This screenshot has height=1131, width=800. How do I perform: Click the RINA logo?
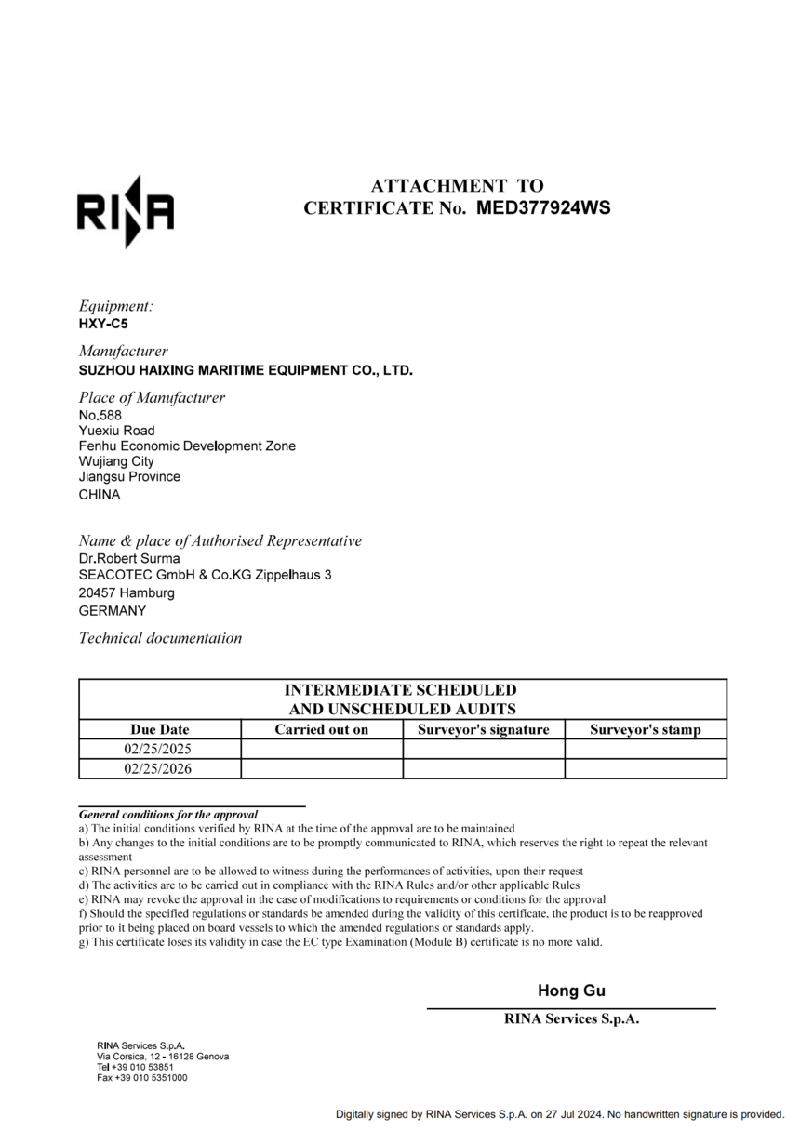pyautogui.click(x=125, y=211)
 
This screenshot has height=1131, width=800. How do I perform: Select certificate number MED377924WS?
pyautogui.click(x=543, y=207)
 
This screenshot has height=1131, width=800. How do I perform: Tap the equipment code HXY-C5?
pyautogui.click(x=103, y=325)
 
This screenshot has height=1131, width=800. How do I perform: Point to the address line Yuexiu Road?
pyautogui.click(x=117, y=431)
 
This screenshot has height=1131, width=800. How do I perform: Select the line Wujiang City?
pyautogui.click(x=116, y=461)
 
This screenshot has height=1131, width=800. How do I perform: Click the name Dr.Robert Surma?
pyautogui.click(x=129, y=559)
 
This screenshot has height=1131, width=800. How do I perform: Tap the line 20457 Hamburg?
pyautogui.click(x=127, y=592)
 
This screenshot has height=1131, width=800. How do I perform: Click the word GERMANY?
pyautogui.click(x=113, y=611)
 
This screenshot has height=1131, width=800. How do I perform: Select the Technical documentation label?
pyautogui.click(x=160, y=638)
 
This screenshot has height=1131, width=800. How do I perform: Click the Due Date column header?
pyautogui.click(x=160, y=730)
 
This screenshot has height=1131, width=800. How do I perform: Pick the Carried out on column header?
pyautogui.click(x=322, y=730)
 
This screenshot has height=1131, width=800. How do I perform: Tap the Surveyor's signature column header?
pyautogui.click(x=484, y=730)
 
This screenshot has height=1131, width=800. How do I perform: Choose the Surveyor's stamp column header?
pyautogui.click(x=646, y=730)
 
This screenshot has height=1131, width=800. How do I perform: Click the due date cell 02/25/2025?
pyautogui.click(x=160, y=749)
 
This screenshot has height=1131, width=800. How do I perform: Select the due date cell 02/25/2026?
pyautogui.click(x=160, y=769)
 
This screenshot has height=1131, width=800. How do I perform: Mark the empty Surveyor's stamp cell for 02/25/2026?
pyautogui.click(x=646, y=769)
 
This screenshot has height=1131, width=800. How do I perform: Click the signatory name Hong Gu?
pyautogui.click(x=571, y=991)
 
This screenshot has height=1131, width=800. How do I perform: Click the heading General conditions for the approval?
pyautogui.click(x=168, y=814)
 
